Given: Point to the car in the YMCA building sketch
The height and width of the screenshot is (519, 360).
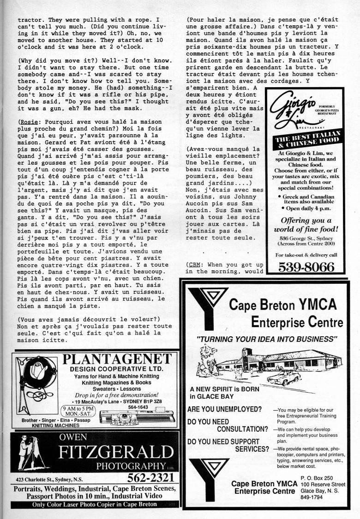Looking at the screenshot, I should [x=283, y=377].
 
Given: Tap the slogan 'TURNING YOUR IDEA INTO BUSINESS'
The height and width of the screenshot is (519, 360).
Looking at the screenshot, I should [x=267, y=339].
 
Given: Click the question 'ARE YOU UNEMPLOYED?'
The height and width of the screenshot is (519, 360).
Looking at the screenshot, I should [x=224, y=409].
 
